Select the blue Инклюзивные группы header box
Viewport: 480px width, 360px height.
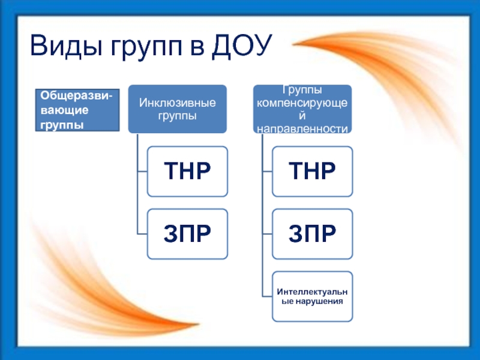pyautogui.click(x=178, y=109)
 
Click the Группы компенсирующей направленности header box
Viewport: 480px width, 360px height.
pyautogui.click(x=303, y=109)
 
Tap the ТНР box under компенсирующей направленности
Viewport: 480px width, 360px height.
pyautogui.click(x=312, y=172)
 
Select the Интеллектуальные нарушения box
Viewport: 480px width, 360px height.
pyautogui.click(x=312, y=296)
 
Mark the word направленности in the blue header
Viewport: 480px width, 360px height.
pyautogui.click(x=303, y=128)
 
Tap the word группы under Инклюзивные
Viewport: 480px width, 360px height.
pyautogui.click(x=178, y=115)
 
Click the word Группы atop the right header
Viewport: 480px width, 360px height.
pyautogui.click(x=303, y=91)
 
